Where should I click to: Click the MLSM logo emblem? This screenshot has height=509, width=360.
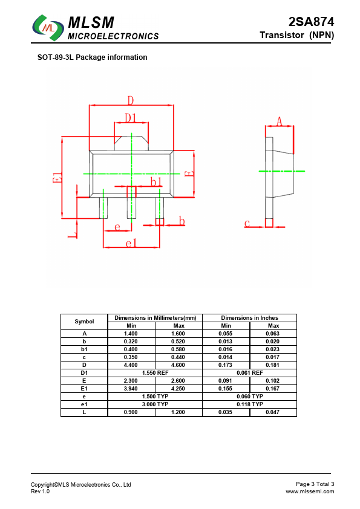[48, 28]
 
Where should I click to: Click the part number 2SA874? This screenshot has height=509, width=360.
[311, 22]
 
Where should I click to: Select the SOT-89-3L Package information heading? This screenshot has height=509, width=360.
[93, 57]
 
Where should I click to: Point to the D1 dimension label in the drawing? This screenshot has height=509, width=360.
[131, 118]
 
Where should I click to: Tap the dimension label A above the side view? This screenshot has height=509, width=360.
[280, 122]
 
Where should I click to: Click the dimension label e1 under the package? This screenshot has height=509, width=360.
[131, 243]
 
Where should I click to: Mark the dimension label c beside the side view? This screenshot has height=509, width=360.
[247, 223]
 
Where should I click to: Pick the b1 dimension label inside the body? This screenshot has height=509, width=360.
[156, 182]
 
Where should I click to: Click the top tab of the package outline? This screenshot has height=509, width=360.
[131, 143]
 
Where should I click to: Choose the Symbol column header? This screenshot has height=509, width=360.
[84, 322]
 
